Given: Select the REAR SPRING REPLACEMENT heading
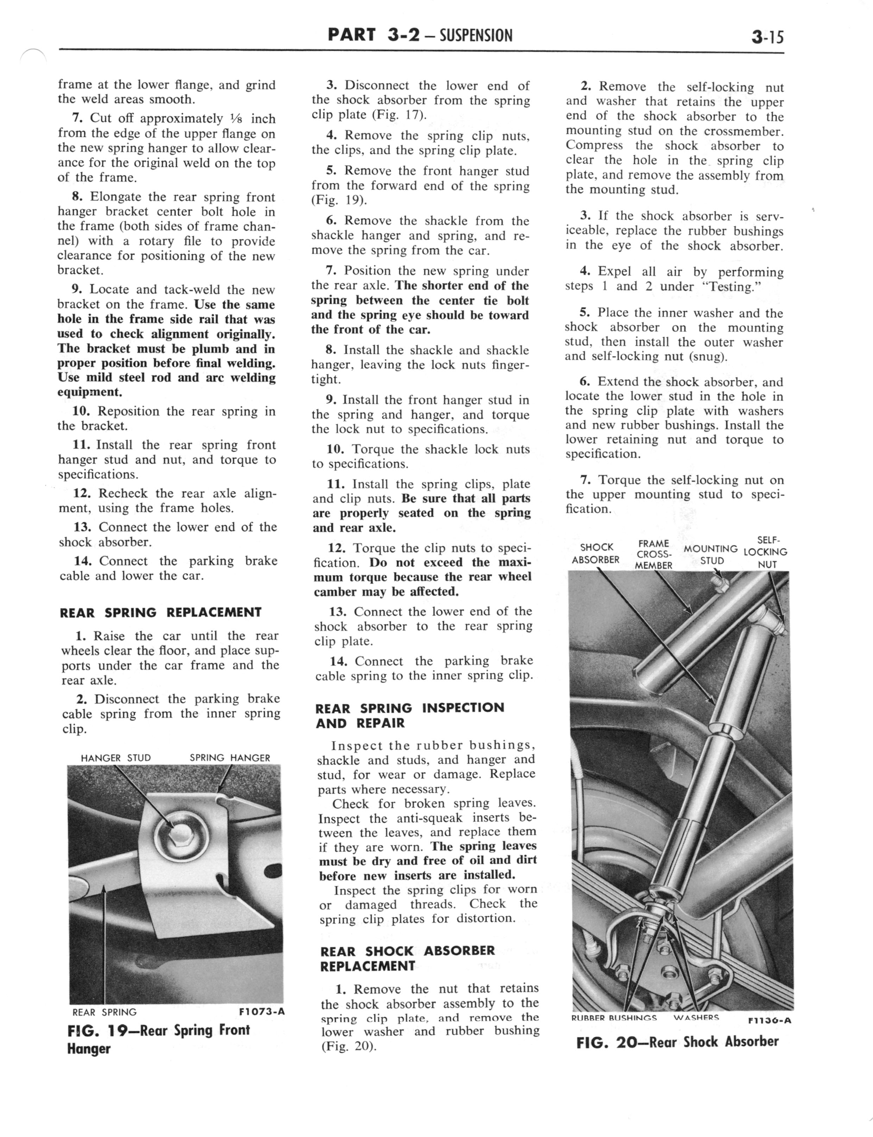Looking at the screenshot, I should coord(161,613).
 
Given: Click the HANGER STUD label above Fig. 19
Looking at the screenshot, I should coord(115,758).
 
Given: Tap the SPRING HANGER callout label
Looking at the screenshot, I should coord(230,758).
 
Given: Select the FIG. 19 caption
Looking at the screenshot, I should coord(158,1039).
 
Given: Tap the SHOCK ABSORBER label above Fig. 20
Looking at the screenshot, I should coord(596,554).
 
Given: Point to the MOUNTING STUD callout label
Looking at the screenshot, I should coord(710,555).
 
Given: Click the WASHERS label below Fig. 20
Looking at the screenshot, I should coord(696,1018).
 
